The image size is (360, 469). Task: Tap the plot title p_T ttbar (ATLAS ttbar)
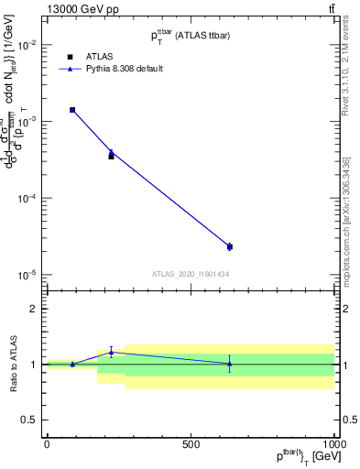click(x=190, y=34)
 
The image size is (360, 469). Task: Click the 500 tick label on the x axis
click(x=191, y=444)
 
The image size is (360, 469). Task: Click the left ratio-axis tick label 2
click(x=34, y=310)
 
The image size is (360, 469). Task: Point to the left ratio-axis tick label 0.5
click(x=29, y=420)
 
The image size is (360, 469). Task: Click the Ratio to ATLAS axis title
click(x=13, y=365)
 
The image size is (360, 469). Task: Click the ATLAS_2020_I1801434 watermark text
click(x=190, y=275)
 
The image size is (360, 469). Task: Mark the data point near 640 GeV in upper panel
click(x=229, y=246)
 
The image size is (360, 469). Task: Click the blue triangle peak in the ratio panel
click(x=112, y=352)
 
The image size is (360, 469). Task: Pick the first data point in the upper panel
click(x=72, y=110)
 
